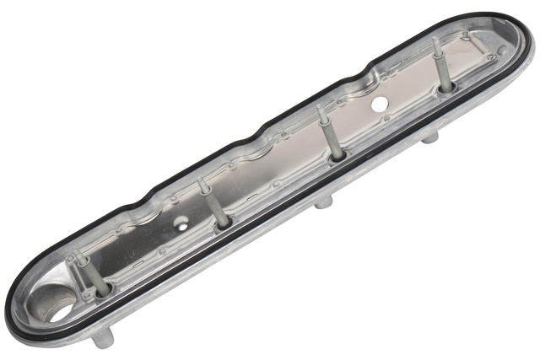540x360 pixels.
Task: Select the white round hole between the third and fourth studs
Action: pos(380,105)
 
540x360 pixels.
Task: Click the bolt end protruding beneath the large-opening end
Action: pos(103,339)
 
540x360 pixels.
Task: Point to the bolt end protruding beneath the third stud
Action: pos(323,203)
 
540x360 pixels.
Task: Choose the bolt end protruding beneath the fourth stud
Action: pos(430,137)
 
